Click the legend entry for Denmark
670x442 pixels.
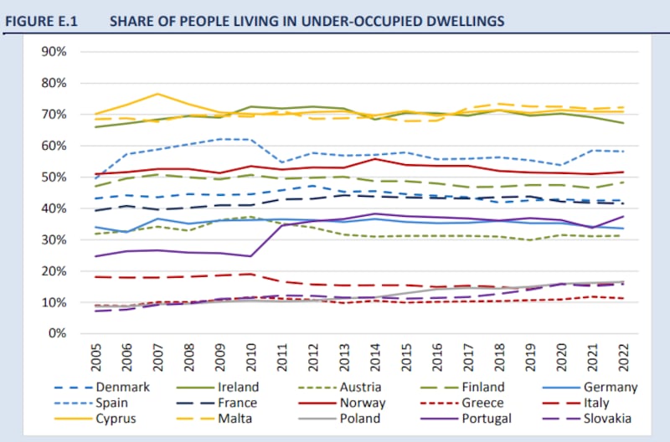pos(122,387)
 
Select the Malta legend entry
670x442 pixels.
pos(237,419)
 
